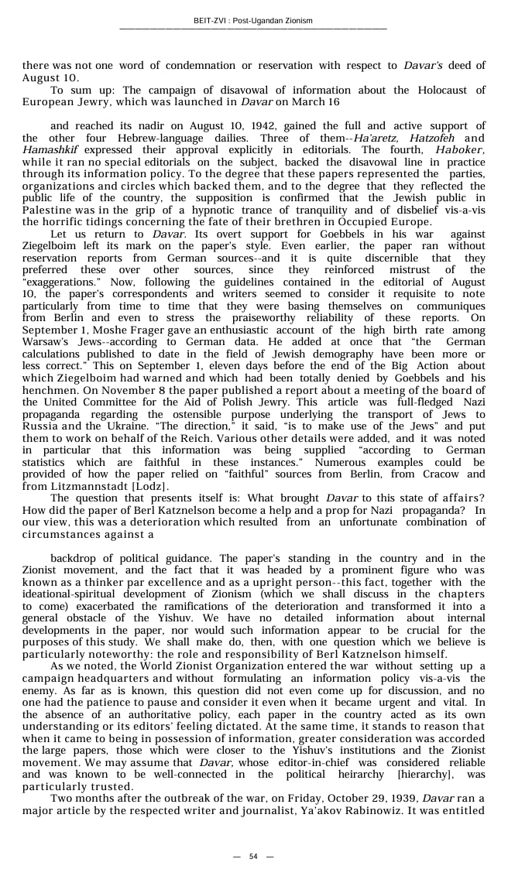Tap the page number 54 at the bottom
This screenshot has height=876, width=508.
[253, 856]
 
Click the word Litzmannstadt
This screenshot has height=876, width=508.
[76, 486]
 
